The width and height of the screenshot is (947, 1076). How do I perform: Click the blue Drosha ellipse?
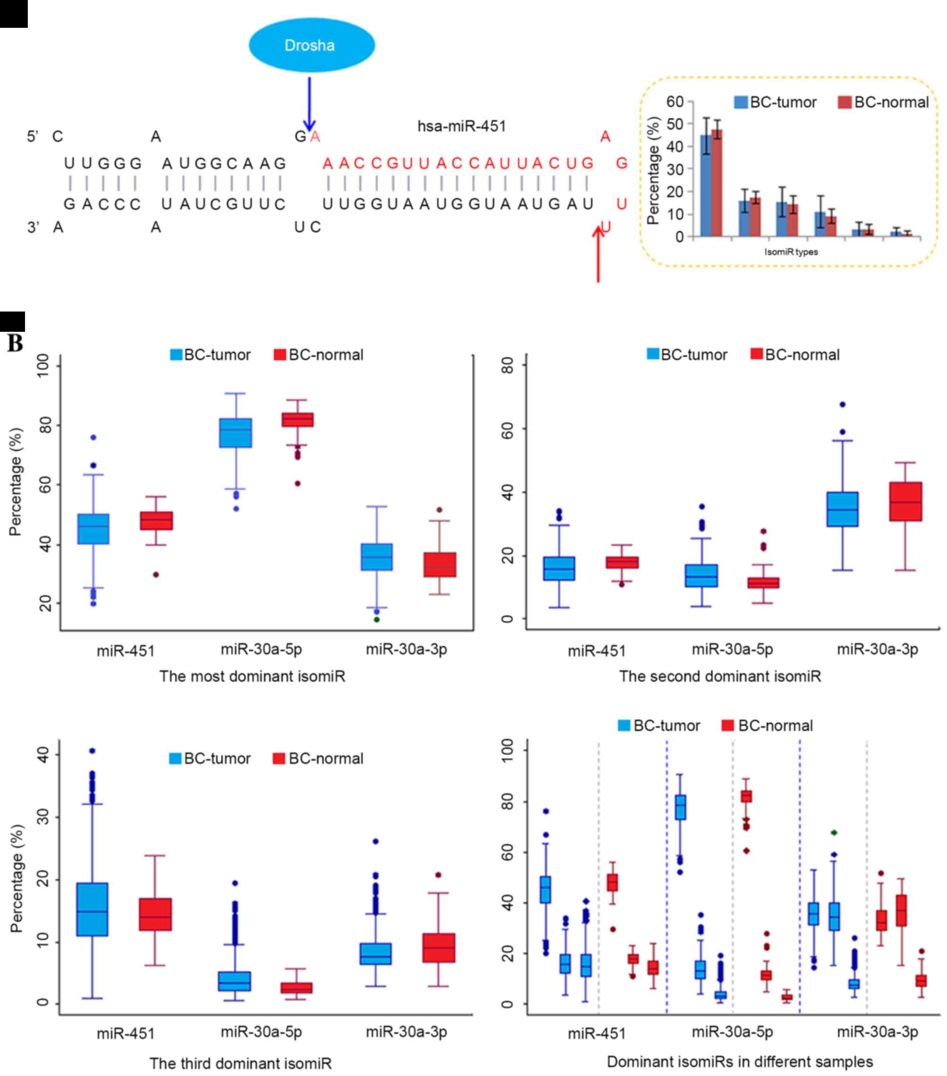pyautogui.click(x=311, y=45)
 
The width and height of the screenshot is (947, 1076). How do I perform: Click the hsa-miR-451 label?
pyautogui.click(x=461, y=126)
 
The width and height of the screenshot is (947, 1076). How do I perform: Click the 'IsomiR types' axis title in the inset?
pyautogui.click(x=790, y=252)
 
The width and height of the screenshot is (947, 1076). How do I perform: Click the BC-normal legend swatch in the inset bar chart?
pyautogui.click(x=844, y=102)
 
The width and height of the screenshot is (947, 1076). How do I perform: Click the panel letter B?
pyautogui.click(x=15, y=343)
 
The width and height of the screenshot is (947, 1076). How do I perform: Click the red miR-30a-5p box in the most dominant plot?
pyautogui.click(x=298, y=419)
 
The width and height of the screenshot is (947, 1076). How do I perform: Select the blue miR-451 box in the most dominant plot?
pyautogui.click(x=93, y=528)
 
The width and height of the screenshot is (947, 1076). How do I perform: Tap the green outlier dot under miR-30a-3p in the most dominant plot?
pyautogui.click(x=377, y=620)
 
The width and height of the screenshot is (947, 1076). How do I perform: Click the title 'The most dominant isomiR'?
pyautogui.click(x=252, y=676)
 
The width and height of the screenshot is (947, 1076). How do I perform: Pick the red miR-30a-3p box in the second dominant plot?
pyautogui.click(x=905, y=501)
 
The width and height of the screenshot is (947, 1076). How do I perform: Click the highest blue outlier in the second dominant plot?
pyautogui.click(x=842, y=405)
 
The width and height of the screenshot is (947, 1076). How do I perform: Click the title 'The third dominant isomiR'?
pyautogui.click(x=241, y=1063)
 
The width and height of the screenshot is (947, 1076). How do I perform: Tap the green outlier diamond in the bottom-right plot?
pyautogui.click(x=834, y=833)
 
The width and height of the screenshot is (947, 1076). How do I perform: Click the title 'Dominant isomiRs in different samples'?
pyautogui.click(x=739, y=1062)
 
